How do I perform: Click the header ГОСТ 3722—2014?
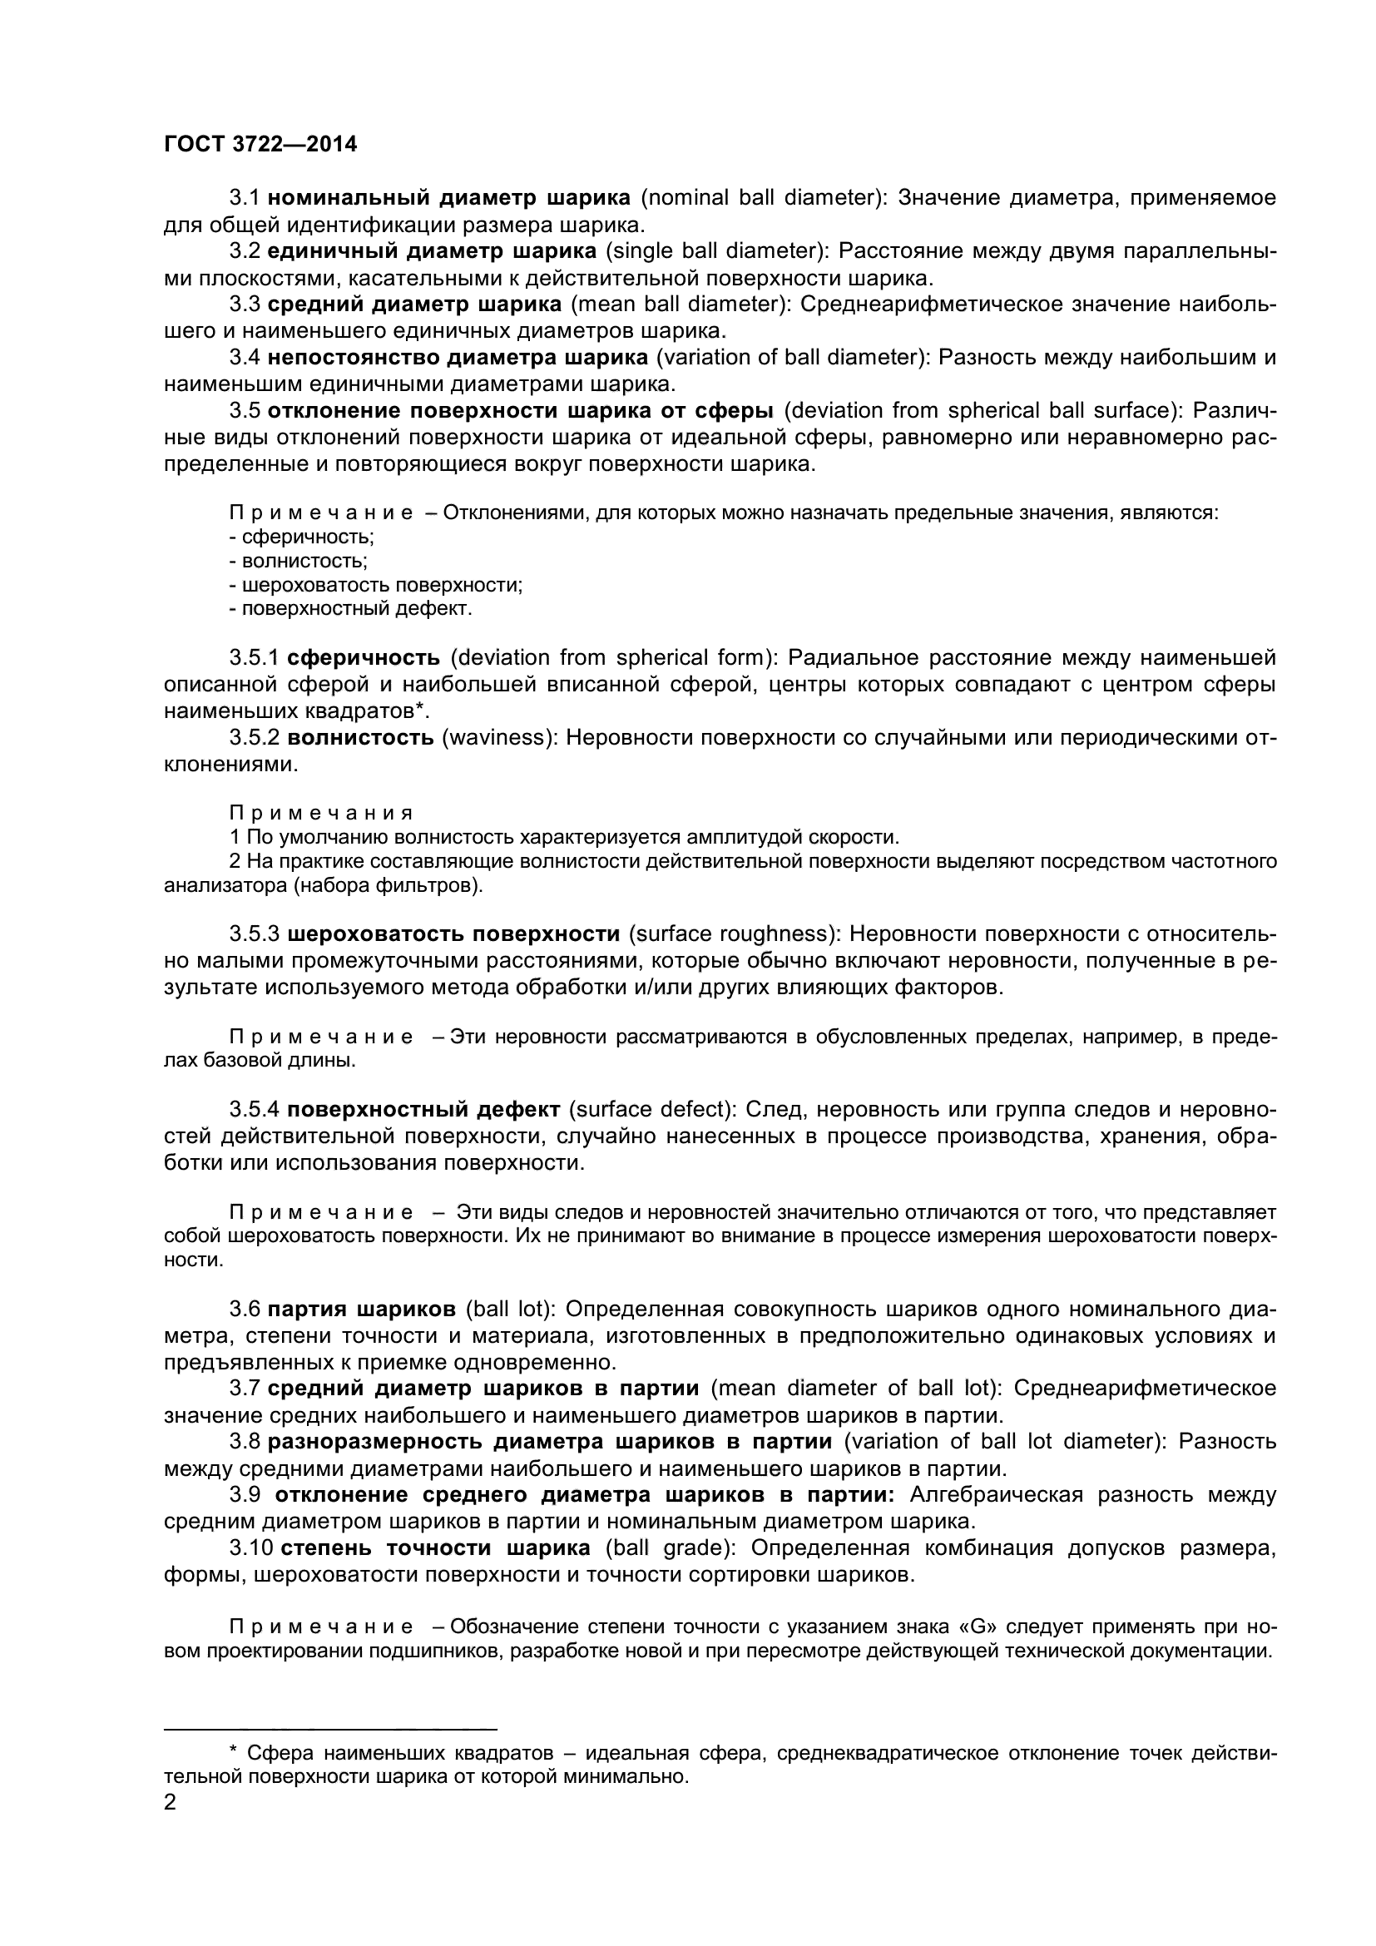coord(260,144)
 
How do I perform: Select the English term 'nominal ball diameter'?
coord(761,198)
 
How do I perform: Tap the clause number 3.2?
coord(245,251)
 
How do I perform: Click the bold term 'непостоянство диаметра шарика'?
coord(458,357)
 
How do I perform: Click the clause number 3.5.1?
coord(255,658)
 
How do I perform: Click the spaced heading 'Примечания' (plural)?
coord(321,813)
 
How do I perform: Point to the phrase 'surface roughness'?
coord(733,934)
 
